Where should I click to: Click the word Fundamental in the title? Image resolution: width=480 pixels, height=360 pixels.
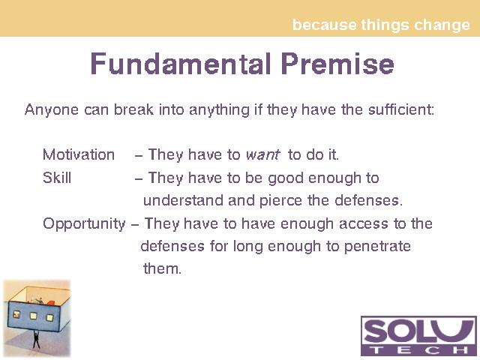click(x=181, y=64)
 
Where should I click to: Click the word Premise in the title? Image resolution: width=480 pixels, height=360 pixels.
click(x=337, y=64)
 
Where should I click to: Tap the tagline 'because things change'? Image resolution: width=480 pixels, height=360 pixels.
click(x=381, y=25)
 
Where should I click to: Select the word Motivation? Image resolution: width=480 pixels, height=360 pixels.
click(x=79, y=154)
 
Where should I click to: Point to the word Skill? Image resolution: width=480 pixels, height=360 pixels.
click(x=57, y=178)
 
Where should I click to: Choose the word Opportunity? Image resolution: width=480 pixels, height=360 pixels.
click(x=84, y=224)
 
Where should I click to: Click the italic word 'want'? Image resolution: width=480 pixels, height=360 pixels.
click(x=262, y=155)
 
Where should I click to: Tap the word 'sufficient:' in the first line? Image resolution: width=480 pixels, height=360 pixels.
click(x=401, y=109)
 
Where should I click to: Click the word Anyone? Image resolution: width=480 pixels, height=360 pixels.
click(x=52, y=110)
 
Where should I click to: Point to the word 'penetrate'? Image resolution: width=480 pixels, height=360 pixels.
click(x=377, y=247)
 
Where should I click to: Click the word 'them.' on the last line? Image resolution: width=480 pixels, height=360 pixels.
click(x=162, y=268)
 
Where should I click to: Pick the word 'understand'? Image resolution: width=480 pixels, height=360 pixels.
click(x=183, y=200)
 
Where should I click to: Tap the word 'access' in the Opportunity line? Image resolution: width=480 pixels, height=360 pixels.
click(x=364, y=224)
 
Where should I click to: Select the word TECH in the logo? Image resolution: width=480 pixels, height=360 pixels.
click(x=418, y=350)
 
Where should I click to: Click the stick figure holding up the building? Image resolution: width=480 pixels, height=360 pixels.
click(x=36, y=340)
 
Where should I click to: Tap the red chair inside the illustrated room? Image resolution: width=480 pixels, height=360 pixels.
click(x=50, y=303)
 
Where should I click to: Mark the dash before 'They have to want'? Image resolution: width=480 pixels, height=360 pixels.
click(x=138, y=156)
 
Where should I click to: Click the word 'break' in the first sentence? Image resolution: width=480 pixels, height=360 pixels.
click(x=133, y=109)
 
